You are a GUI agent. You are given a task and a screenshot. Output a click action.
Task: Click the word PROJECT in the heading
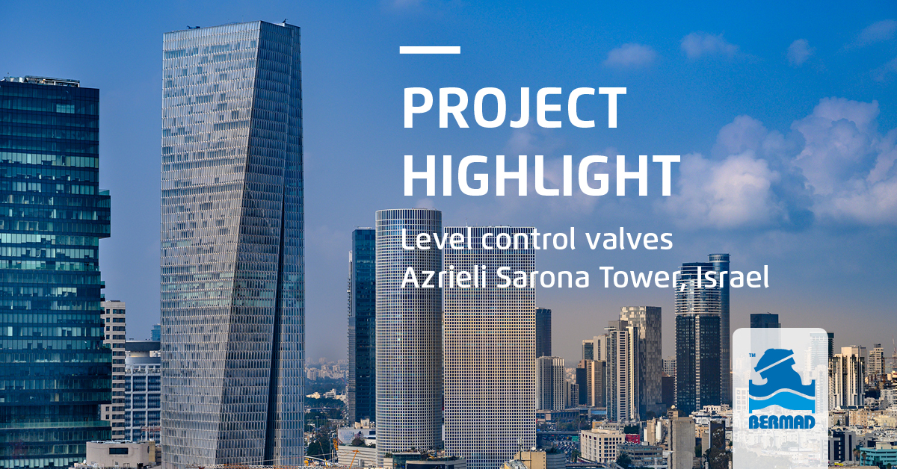tap(514, 109)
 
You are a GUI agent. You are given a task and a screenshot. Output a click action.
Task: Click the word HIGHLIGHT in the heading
tap(540, 176)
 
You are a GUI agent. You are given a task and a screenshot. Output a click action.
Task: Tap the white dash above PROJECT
tap(430, 50)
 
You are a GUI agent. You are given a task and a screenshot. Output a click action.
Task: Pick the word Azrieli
tap(441, 278)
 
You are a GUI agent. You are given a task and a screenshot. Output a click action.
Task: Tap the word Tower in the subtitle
tap(642, 278)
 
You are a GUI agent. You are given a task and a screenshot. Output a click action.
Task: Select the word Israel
tap(732, 278)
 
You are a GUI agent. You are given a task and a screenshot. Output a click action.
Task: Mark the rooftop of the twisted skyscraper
tap(231, 27)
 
